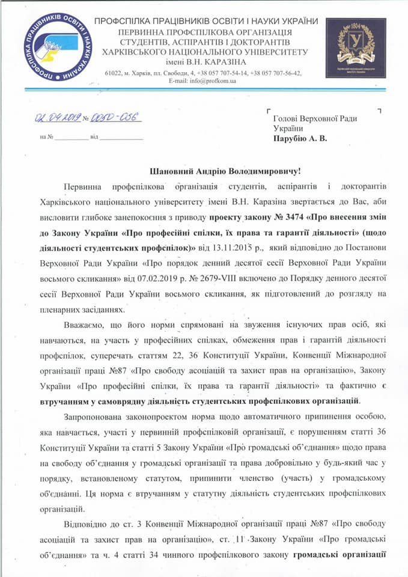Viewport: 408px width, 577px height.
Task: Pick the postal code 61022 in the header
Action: pos(112,73)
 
